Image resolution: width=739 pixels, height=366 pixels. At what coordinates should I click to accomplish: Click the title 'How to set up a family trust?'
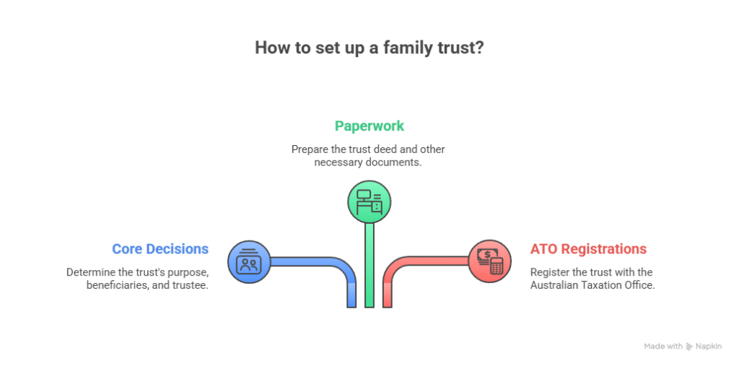click(x=369, y=48)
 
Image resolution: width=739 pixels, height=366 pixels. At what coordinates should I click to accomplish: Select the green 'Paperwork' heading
click(x=369, y=126)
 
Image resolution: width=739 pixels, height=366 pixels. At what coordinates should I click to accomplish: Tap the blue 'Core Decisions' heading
click(x=160, y=249)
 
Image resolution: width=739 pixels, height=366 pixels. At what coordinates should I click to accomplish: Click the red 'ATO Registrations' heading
click(x=588, y=249)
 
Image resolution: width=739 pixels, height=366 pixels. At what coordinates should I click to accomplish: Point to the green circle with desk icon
click(x=369, y=201)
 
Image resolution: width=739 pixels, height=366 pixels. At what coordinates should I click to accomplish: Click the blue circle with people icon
click(x=249, y=261)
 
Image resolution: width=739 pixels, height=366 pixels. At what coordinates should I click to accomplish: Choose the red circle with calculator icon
click(x=489, y=261)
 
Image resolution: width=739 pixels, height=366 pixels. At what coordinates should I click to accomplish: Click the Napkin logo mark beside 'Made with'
click(x=690, y=347)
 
